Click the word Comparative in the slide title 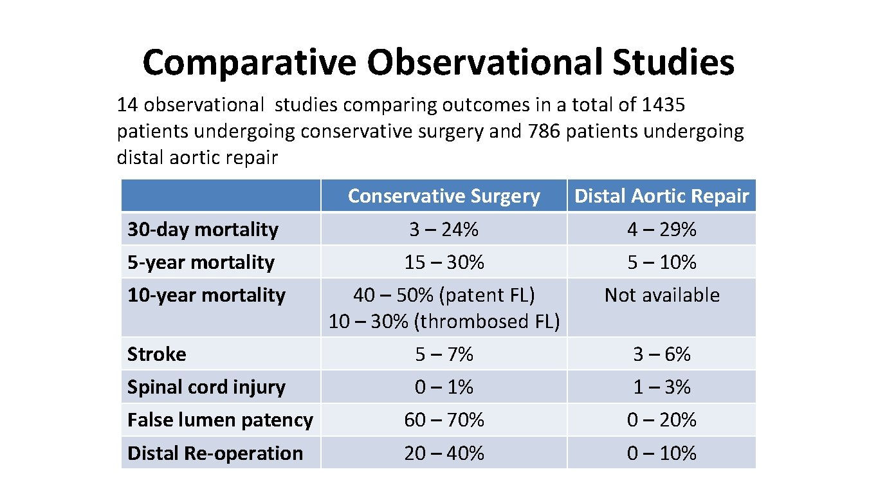click(250, 63)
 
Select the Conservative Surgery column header click(444, 196)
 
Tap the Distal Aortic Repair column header click(661, 196)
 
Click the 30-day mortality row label click(203, 230)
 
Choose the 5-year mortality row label click(201, 262)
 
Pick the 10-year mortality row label click(206, 295)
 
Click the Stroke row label click(157, 354)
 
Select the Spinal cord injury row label click(206, 387)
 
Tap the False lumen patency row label click(220, 420)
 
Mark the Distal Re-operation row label click(215, 453)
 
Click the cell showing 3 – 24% click(444, 230)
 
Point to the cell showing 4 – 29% click(662, 230)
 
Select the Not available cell click(662, 295)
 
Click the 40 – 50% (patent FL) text click(444, 295)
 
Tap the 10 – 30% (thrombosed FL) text click(444, 322)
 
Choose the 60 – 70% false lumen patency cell click(444, 420)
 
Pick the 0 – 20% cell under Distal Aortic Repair click(662, 420)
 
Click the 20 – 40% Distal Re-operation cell click(444, 453)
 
